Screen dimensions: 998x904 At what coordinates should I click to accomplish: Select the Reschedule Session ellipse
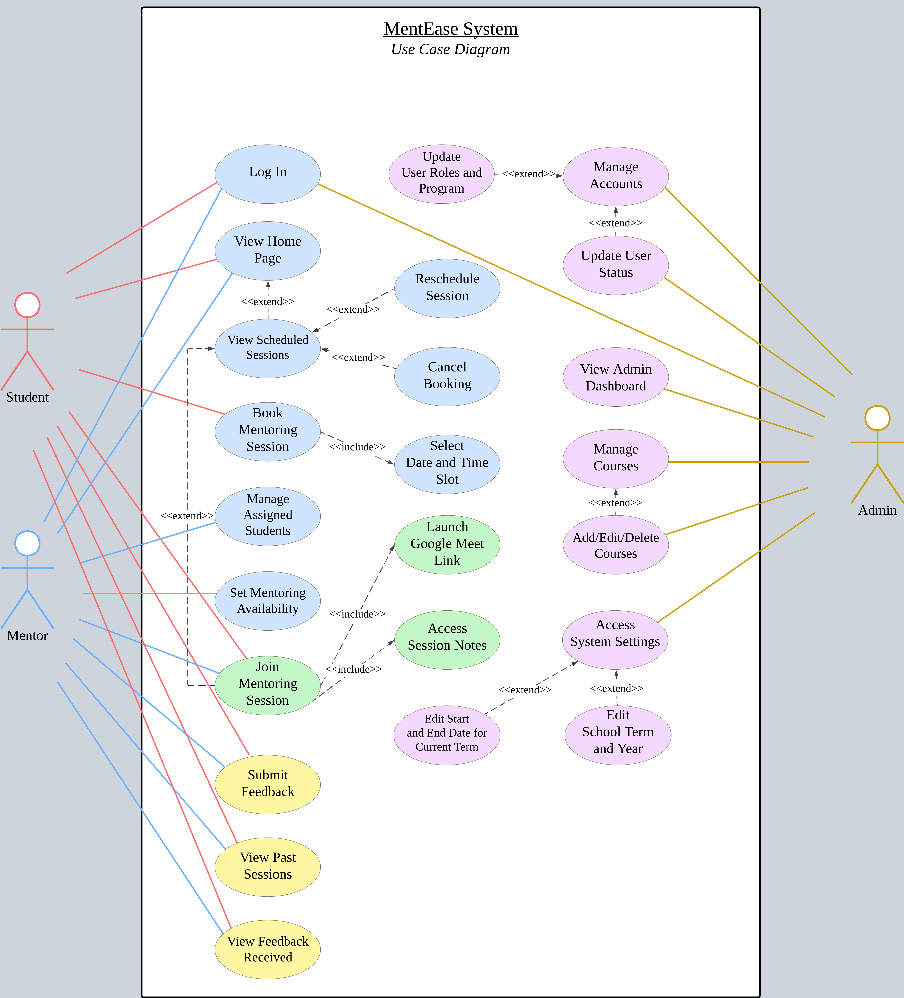point(447,288)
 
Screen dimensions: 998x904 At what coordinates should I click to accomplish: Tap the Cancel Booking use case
point(447,376)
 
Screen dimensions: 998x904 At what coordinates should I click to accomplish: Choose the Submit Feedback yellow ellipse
point(268,784)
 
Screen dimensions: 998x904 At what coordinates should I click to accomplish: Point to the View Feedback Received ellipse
point(268,949)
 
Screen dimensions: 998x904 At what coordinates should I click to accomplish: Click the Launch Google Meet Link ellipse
point(447,544)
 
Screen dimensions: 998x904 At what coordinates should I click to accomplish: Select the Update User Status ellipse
point(616,265)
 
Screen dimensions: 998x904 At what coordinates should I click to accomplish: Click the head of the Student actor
point(27,305)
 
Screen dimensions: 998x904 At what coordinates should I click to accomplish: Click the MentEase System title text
point(451,29)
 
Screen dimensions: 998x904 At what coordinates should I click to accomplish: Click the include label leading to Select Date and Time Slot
point(357,447)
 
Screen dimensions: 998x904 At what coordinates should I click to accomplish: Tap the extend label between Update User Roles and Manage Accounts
point(529,174)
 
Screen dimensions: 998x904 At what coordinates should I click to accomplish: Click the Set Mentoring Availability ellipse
point(268,600)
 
